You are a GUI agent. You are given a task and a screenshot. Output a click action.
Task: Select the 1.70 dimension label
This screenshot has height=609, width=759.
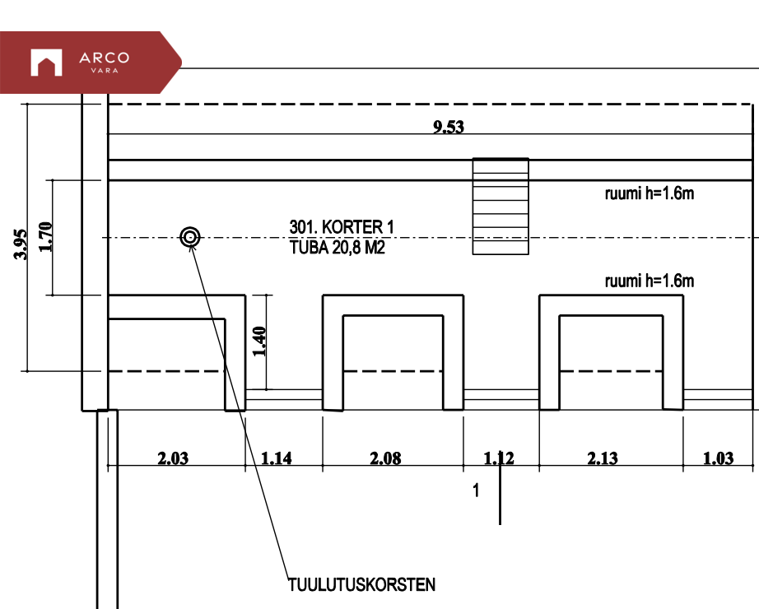tap(46, 237)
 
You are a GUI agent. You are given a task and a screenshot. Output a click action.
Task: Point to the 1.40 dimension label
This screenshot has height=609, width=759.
tap(260, 342)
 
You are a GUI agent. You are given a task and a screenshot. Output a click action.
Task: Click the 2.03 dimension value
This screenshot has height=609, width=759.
tap(173, 458)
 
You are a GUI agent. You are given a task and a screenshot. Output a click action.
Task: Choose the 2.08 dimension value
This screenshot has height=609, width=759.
tap(385, 458)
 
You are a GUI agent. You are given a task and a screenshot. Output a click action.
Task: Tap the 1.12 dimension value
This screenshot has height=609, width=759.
tap(499, 458)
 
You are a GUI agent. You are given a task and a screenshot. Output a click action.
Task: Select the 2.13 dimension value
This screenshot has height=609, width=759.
tap(603, 458)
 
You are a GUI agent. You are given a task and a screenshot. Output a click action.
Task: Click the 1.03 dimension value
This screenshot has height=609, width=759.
tap(718, 458)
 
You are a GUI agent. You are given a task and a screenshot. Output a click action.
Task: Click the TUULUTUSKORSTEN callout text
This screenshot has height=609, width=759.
tap(361, 585)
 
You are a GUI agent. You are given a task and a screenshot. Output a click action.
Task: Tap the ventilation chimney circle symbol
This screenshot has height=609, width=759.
tap(190, 238)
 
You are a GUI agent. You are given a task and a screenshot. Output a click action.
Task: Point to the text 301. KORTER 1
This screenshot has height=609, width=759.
tap(342, 226)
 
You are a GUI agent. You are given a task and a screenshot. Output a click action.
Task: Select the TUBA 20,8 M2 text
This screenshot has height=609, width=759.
tap(338, 246)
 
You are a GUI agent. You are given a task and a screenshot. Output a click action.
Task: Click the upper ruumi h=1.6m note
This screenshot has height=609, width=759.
tap(650, 195)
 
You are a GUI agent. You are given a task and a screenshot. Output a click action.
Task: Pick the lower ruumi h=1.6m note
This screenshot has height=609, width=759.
tap(650, 281)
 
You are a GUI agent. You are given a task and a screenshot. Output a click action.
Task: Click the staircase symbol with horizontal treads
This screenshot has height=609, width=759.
tap(500, 207)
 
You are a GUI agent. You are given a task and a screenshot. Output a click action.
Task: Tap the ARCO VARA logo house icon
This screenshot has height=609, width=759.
tap(47, 63)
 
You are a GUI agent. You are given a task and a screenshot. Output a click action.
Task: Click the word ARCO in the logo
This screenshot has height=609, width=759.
tap(104, 58)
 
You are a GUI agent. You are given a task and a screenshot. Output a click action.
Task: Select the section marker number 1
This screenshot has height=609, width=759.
tap(476, 491)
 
